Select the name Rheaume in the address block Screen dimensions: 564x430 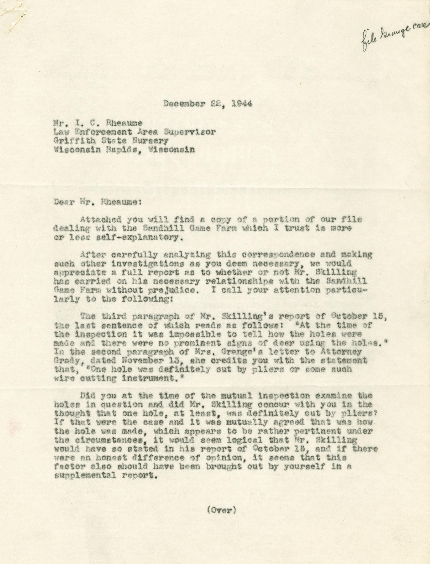[125, 123]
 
